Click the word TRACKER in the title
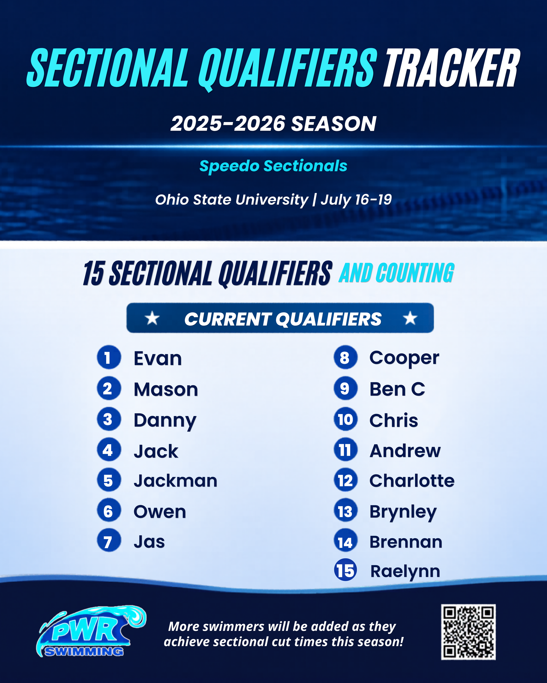(x=451, y=68)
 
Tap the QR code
(x=468, y=632)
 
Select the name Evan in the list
(x=158, y=358)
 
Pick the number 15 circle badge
(x=345, y=571)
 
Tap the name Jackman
(x=175, y=481)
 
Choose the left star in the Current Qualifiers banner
(x=152, y=318)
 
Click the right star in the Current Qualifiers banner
(x=410, y=318)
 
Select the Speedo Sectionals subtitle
(x=273, y=166)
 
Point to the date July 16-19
(x=356, y=199)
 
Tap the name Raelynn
(x=405, y=571)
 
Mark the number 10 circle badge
(x=346, y=419)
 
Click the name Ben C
(x=397, y=389)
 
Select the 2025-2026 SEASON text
(x=273, y=123)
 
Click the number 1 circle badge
(x=109, y=357)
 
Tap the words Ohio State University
(x=232, y=199)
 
